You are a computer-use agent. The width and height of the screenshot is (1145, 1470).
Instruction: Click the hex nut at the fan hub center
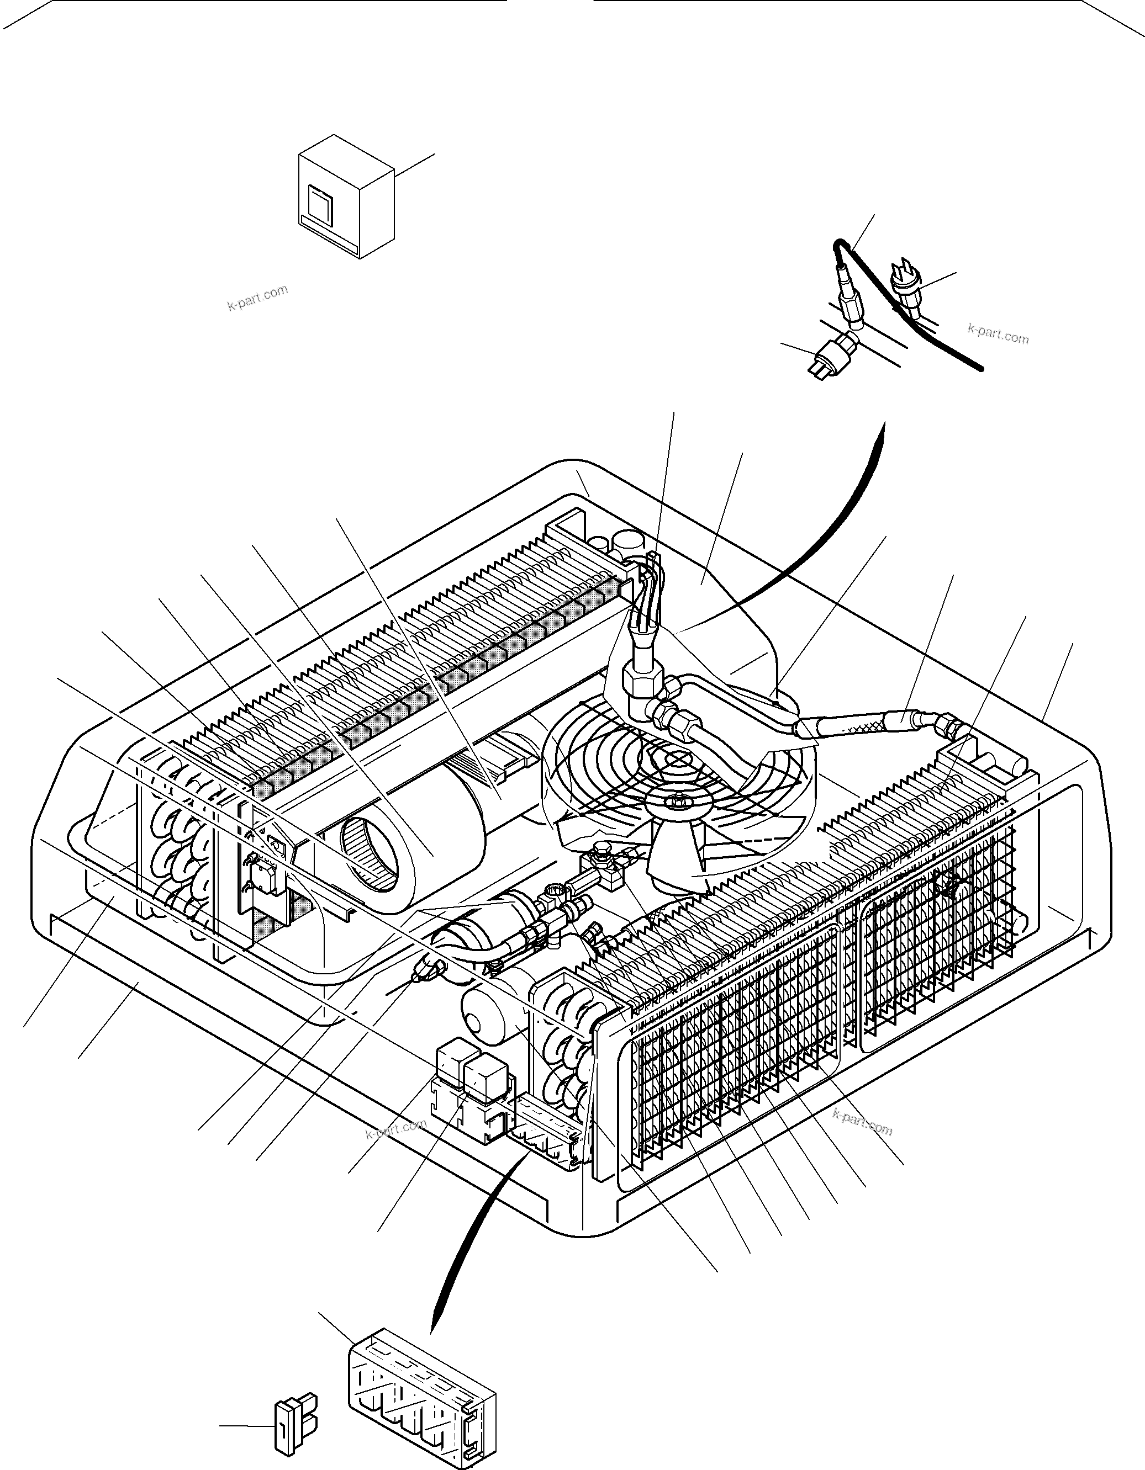point(675,801)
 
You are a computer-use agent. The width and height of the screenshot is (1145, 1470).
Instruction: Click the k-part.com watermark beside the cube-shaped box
point(257,298)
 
